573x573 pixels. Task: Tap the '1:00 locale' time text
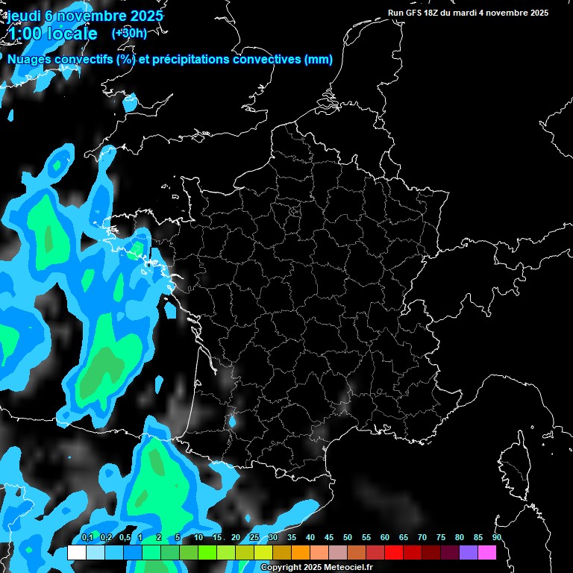coord(53,34)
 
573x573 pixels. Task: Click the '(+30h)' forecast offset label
coord(129,33)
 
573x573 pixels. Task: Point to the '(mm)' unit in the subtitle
coord(319,60)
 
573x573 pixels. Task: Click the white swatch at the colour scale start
coord(76,553)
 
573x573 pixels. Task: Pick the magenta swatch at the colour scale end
coord(487,553)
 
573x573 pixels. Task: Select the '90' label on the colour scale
coord(496,538)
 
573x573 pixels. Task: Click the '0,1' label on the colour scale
coord(87,538)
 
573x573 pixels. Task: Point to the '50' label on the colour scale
coord(348,538)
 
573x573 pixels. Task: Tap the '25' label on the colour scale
coord(254,538)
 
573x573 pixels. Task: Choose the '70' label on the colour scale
coord(422,538)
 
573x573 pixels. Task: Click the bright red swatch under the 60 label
coord(394,553)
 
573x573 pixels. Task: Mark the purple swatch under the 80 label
coord(469,553)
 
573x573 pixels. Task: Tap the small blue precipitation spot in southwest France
coord(232,422)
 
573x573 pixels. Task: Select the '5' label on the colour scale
coord(178,538)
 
